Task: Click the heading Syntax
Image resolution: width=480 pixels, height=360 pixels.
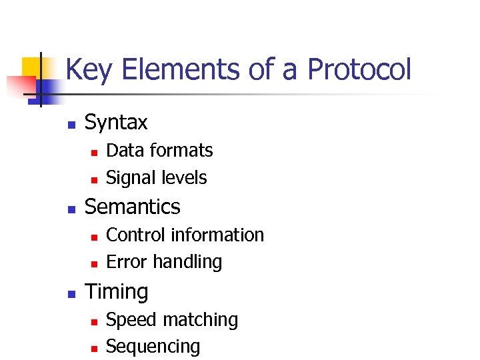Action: click(x=116, y=123)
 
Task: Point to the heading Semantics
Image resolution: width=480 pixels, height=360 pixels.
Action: click(x=132, y=207)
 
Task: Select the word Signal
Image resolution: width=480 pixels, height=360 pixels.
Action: click(x=127, y=178)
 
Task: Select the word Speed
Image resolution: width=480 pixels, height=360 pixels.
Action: click(x=127, y=320)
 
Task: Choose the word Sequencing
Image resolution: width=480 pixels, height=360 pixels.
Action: click(x=153, y=347)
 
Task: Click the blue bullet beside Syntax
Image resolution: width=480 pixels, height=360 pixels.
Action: click(x=71, y=124)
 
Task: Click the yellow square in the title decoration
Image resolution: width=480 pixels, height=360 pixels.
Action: click(x=31, y=67)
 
